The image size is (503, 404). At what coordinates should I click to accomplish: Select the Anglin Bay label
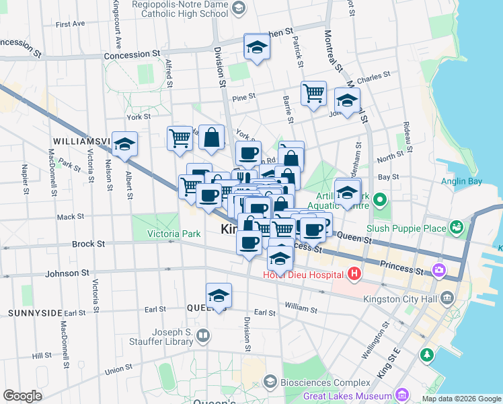(461, 181)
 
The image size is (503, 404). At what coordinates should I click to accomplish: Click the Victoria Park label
(175, 235)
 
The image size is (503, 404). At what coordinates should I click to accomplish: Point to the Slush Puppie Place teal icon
(457, 228)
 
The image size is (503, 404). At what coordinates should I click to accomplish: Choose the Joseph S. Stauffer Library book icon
(202, 335)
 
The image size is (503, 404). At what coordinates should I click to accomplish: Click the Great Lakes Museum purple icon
(402, 395)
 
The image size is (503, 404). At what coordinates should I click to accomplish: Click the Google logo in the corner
(22, 395)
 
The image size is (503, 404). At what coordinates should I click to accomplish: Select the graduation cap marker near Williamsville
(124, 144)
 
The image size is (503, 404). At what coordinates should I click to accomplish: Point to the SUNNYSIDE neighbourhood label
(35, 313)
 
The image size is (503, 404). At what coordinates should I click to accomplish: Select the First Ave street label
(71, 24)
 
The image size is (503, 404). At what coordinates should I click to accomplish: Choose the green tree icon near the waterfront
(426, 354)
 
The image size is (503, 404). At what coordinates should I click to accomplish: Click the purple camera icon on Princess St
(438, 271)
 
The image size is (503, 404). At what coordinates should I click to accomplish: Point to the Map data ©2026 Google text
(461, 399)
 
